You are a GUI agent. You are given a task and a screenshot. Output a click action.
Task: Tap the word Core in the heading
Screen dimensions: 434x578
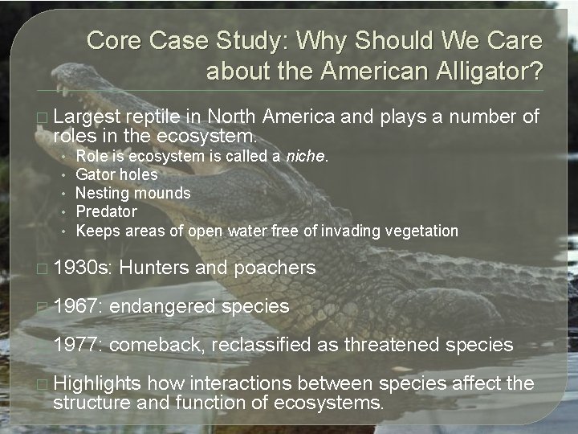pos(110,40)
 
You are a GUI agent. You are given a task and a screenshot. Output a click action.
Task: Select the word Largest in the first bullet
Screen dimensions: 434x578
pos(86,118)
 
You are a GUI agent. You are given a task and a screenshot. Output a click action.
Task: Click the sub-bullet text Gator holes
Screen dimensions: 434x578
pos(116,174)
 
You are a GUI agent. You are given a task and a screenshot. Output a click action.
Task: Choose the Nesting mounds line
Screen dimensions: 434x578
pos(133,193)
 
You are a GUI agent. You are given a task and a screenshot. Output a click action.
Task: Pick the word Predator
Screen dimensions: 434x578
pos(106,212)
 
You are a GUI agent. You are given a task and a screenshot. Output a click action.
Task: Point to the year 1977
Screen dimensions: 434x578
pos(78,345)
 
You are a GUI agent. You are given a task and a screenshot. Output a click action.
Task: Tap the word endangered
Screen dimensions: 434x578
pos(163,306)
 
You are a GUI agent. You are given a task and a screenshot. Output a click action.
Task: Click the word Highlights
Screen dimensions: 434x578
pos(96,383)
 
